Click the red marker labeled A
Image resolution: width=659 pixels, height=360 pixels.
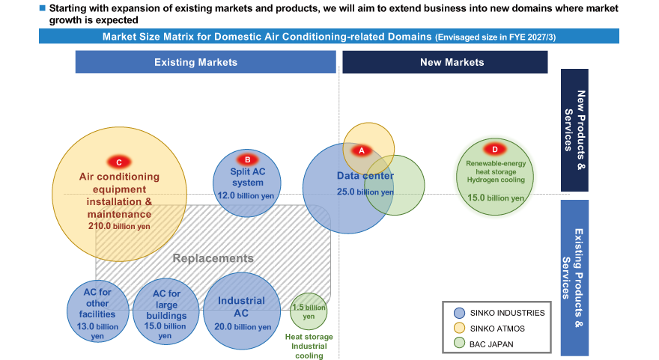point(362,150)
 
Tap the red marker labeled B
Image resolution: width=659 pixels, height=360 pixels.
point(248,159)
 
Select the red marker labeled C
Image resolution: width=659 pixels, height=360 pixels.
point(119,162)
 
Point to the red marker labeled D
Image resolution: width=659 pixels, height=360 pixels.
point(495,149)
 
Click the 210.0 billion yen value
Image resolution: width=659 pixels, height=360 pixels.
point(119,226)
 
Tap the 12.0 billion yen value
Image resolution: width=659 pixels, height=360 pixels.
point(246,196)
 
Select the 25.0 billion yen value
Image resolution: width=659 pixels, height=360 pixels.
point(365,192)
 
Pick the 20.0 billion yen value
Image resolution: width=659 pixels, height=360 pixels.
point(243,327)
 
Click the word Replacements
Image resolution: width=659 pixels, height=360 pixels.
point(213,258)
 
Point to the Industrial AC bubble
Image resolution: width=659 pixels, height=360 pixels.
point(242,311)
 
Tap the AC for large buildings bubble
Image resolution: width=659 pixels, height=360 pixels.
point(165,311)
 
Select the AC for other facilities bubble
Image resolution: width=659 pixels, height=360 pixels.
point(97,311)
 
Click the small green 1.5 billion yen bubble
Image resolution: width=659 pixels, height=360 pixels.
point(309,311)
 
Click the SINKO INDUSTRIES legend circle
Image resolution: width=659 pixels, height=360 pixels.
point(459,313)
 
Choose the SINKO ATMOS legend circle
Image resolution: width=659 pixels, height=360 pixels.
point(459,329)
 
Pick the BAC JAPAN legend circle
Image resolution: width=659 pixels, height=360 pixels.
point(459,344)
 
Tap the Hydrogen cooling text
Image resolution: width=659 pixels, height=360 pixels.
point(496,180)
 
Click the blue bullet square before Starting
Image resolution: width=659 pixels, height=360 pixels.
point(42,8)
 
